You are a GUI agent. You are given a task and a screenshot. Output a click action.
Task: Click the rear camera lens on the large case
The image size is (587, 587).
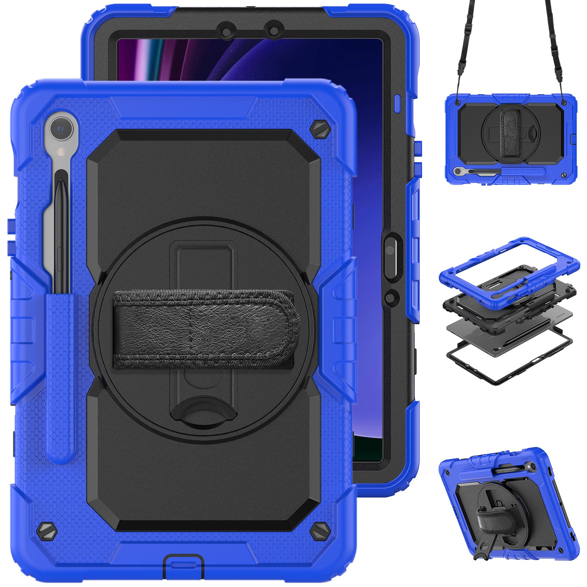click(61, 129)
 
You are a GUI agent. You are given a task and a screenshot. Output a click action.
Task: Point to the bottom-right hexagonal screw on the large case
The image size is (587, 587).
click(319, 531)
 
